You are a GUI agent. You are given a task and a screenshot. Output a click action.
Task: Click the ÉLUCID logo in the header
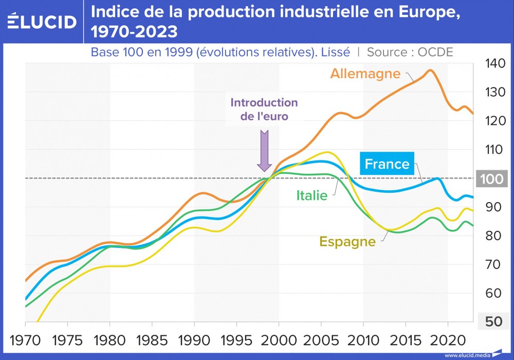(x=42, y=21)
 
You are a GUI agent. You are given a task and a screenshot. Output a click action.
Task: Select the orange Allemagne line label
(x=365, y=73)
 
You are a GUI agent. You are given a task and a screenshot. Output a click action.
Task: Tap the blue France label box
(x=387, y=164)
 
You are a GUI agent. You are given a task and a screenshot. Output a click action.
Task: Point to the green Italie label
(x=311, y=195)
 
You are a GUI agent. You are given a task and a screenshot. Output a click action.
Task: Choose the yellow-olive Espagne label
(x=347, y=241)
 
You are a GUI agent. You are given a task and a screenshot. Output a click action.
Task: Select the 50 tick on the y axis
(x=494, y=321)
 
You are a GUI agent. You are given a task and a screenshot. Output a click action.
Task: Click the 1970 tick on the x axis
(x=25, y=340)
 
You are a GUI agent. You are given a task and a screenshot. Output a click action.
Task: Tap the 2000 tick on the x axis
(x=279, y=340)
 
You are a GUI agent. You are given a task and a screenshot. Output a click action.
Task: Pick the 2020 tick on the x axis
(x=448, y=340)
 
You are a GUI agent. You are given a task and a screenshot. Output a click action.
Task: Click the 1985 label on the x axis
(x=152, y=340)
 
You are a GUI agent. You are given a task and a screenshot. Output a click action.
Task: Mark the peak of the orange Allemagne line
(x=430, y=70)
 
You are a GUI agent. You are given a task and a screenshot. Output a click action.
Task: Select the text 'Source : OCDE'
(x=410, y=52)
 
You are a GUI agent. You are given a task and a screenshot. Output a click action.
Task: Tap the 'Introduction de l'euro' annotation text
(x=264, y=109)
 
